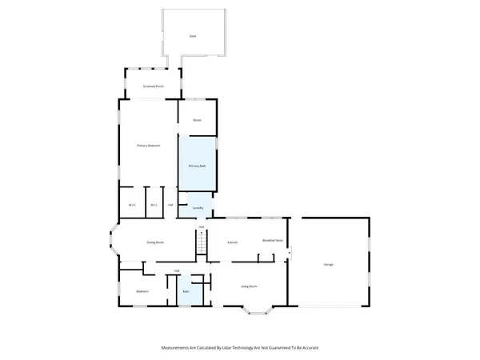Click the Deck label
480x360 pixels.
[192, 37]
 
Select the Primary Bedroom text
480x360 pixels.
[149, 146]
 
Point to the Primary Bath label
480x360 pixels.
[198, 166]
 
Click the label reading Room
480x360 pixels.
[197, 120]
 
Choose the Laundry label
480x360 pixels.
[199, 209]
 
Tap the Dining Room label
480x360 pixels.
[155, 242]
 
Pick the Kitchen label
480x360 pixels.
[233, 242]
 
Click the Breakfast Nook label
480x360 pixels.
[273, 240]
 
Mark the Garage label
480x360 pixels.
[329, 264]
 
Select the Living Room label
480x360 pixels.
[249, 286]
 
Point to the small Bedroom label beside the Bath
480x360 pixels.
[142, 291]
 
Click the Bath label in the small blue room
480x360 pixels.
[186, 292]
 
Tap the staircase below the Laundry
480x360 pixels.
[202, 244]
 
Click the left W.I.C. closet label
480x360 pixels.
[132, 205]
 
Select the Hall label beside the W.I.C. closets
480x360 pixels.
[170, 205]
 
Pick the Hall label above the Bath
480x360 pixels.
[177, 271]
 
